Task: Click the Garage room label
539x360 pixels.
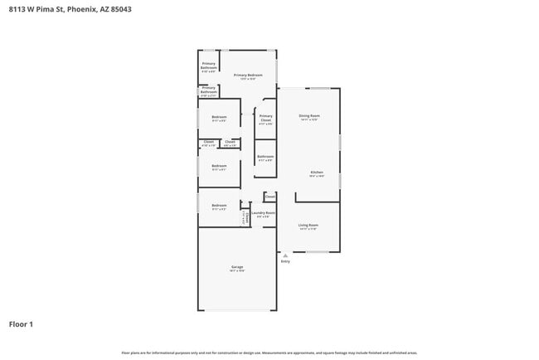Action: (236, 266)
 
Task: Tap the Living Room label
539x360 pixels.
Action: (308, 225)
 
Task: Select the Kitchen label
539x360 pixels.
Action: (317, 173)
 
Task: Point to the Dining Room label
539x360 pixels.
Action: (309, 115)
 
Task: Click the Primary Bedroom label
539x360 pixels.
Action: (248, 75)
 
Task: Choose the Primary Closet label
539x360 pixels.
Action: (265, 118)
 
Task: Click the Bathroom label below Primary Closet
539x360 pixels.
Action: (265, 156)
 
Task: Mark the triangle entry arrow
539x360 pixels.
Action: (285, 255)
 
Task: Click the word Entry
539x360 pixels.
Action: (285, 262)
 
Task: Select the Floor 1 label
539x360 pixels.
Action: (21, 324)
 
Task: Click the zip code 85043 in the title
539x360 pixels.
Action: (119, 9)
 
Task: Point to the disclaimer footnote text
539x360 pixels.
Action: (269, 353)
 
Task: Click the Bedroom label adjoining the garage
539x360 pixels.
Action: (219, 205)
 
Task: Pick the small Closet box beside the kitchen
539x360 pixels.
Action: (270, 197)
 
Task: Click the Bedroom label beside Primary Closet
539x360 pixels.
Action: (219, 117)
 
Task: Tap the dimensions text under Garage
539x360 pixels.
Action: (236, 271)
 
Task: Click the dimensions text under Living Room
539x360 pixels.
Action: (308, 229)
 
